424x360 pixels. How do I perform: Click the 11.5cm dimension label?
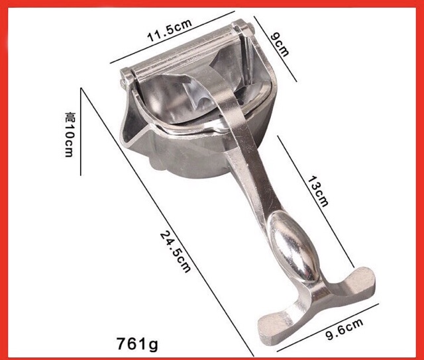pyautogui.click(x=170, y=30)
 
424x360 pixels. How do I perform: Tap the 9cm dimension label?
pyautogui.click(x=280, y=44)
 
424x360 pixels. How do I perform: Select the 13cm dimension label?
pyautogui.click(x=318, y=191)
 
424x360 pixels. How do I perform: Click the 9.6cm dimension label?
pyautogui.click(x=344, y=329)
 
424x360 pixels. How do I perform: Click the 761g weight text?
pyautogui.click(x=137, y=343)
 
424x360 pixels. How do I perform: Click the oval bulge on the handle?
pyautogui.click(x=295, y=246)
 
